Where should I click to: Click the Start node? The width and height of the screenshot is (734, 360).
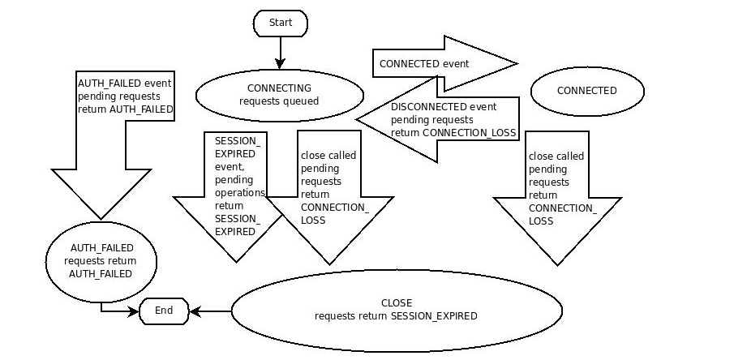[x=281, y=24]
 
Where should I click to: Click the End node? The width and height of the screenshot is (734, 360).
[x=164, y=311]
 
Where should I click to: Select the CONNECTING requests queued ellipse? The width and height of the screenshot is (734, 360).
[x=278, y=95]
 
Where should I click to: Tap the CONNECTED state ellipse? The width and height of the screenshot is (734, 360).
[x=586, y=91]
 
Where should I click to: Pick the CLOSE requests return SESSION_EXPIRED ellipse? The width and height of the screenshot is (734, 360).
[x=397, y=310]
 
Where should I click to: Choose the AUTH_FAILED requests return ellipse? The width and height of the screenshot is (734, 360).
[x=101, y=260]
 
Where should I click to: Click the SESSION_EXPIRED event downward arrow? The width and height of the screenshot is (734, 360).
[x=235, y=195]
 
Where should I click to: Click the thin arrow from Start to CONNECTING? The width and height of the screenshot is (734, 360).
[x=281, y=52]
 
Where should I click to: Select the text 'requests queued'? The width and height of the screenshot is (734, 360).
[x=278, y=102]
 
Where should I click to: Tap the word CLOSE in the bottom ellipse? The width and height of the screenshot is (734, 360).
[x=397, y=302]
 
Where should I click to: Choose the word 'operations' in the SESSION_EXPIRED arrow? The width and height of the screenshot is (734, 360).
[x=239, y=193]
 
